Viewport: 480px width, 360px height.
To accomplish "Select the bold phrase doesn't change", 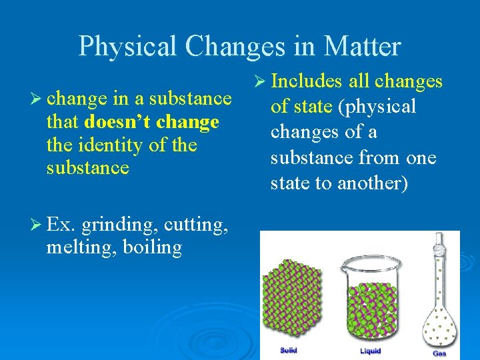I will click(152, 123).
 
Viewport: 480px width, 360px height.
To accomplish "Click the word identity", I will click(117, 145).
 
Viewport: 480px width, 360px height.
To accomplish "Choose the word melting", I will click(79, 248).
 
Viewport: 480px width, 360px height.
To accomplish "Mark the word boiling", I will click(154, 248).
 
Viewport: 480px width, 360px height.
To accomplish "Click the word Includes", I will click(307, 81).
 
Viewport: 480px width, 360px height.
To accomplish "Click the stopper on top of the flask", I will click(439, 239).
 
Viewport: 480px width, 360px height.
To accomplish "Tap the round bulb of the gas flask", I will click(439, 319).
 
